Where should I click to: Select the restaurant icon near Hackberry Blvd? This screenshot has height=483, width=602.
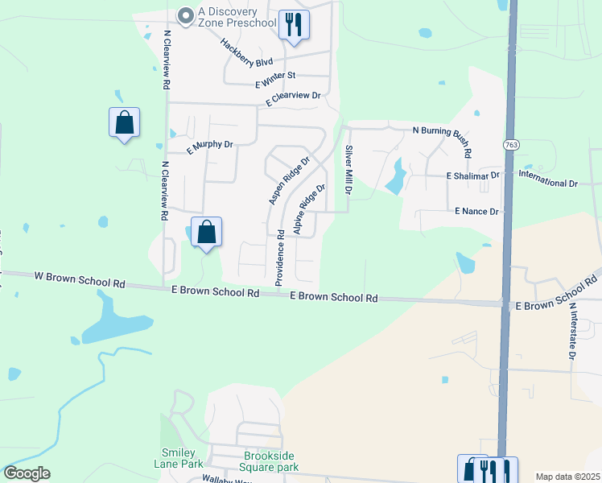(x=293, y=25)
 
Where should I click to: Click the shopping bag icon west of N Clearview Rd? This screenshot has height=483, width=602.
(x=124, y=123)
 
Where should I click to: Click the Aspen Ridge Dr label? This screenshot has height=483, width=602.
(x=289, y=180)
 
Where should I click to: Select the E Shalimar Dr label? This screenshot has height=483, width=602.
(x=473, y=175)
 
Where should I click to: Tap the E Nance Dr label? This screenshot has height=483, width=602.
(x=476, y=211)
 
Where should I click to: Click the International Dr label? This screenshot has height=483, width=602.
(x=548, y=178)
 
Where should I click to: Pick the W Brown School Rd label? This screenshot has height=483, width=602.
(x=80, y=279)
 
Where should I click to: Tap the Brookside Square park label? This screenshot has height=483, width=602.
(x=271, y=461)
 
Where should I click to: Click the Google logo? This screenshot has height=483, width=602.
(x=27, y=473)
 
